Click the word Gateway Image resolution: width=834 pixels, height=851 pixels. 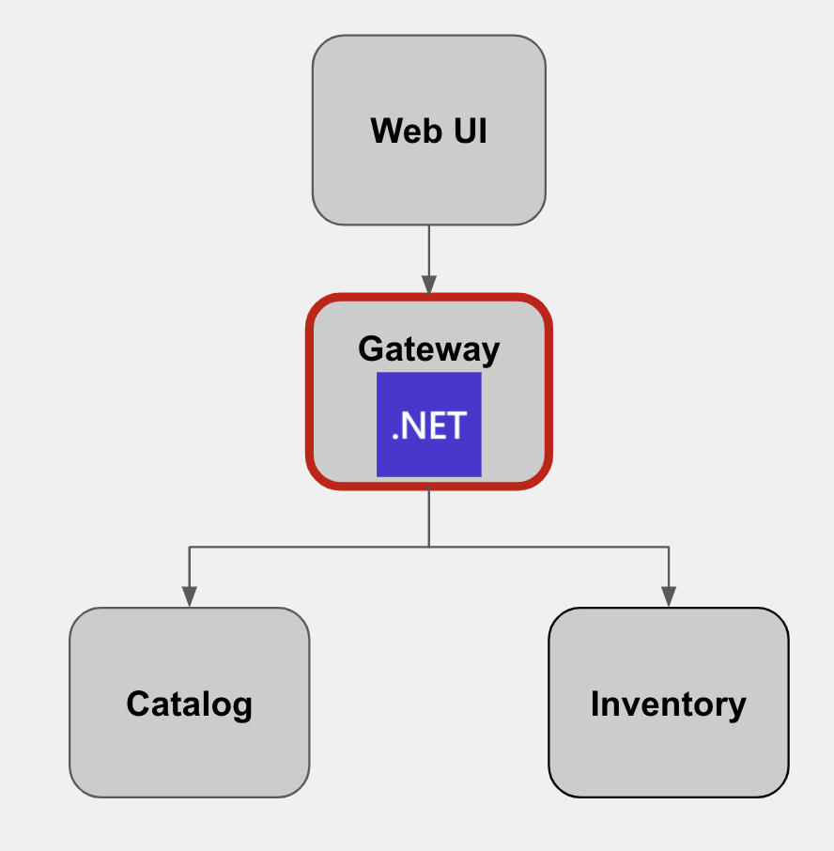(x=428, y=348)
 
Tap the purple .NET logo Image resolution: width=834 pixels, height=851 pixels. (x=428, y=425)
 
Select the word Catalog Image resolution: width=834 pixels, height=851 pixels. (x=189, y=704)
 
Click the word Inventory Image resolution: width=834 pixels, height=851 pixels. (x=668, y=704)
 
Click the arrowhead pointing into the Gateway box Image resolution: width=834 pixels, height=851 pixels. (x=429, y=285)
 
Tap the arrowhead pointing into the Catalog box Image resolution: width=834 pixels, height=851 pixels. (x=190, y=597)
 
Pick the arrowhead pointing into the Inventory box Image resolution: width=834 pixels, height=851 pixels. (x=669, y=597)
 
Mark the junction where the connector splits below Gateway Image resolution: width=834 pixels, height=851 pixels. (x=429, y=547)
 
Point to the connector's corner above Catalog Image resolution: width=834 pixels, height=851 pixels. (x=190, y=547)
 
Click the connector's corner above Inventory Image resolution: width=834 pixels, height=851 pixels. (x=669, y=547)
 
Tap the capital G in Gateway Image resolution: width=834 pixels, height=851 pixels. (x=370, y=348)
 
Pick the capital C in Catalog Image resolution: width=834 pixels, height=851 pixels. (x=138, y=704)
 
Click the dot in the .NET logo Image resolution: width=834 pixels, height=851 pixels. (x=395, y=437)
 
